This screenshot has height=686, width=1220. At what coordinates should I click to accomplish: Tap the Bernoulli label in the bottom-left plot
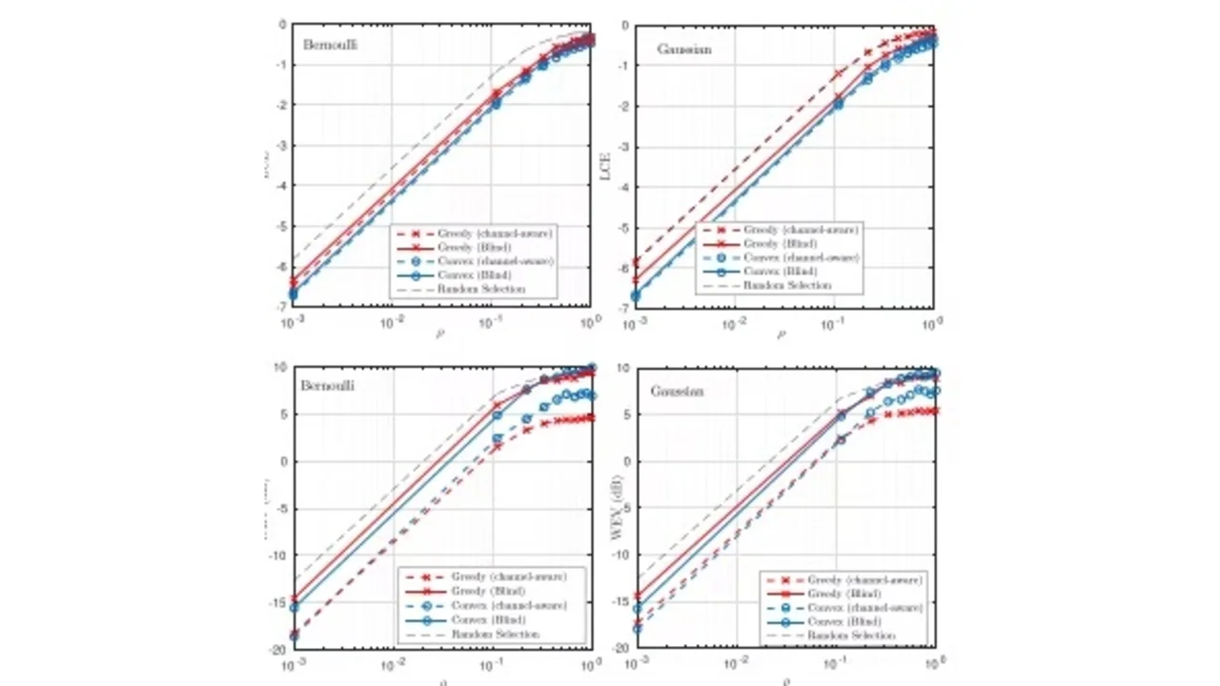[x=326, y=387]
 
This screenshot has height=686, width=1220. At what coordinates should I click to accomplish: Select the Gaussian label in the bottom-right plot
[x=677, y=391]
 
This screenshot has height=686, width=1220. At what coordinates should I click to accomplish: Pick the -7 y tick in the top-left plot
[x=281, y=306]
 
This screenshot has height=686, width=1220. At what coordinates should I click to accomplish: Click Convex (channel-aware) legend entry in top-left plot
[x=493, y=260]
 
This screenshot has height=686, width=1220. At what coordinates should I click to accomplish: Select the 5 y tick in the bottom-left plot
[x=283, y=414]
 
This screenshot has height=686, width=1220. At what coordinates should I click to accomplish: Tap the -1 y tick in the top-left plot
[x=281, y=65]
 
